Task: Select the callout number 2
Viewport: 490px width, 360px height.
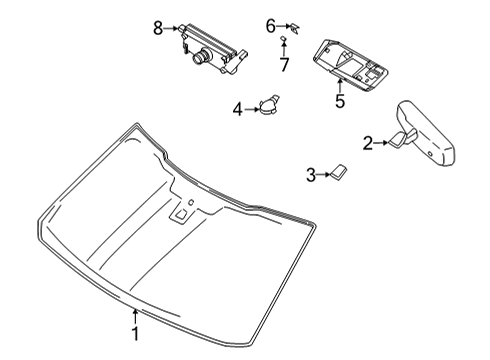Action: [367, 143]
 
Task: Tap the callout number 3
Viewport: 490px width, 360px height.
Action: [311, 175]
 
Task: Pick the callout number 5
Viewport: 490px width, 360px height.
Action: [339, 100]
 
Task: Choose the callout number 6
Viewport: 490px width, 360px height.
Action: [270, 25]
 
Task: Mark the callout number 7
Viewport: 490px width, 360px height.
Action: [285, 64]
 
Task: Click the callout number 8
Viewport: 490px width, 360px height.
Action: [157, 27]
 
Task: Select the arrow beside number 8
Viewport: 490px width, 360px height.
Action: [172, 27]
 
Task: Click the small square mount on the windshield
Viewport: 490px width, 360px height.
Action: [183, 212]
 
